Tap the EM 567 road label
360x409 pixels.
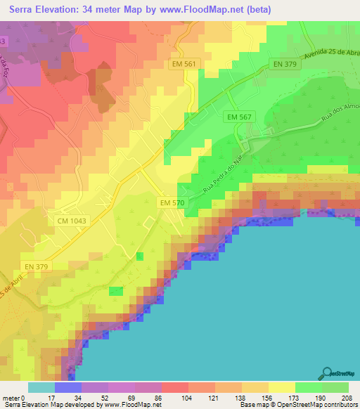240,117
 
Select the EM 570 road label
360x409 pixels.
172,202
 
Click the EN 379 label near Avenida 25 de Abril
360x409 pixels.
286,65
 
